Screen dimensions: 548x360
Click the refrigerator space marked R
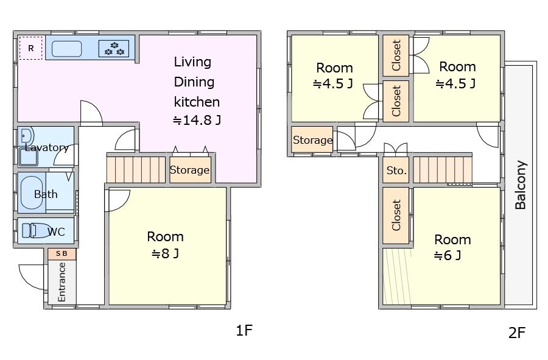point(31,48)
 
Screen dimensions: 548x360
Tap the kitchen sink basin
point(67,49)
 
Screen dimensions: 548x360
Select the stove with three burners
point(114,49)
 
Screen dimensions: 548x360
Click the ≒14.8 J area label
point(197,120)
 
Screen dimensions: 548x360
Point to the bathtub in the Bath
point(32,192)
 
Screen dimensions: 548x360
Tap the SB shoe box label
point(61,254)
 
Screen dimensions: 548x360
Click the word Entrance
point(61,282)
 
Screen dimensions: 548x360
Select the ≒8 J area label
point(165,253)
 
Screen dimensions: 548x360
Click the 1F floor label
point(244,330)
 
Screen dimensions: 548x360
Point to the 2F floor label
point(517,333)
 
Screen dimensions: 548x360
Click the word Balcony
point(521,185)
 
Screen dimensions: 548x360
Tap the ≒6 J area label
point(448,255)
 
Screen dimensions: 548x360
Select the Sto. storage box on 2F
point(396,170)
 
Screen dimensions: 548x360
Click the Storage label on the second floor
point(312,140)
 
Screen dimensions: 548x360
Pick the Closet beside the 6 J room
point(396,215)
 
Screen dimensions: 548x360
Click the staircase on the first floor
point(136,169)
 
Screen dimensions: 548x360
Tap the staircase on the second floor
point(443,169)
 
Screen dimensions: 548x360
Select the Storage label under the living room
point(189,170)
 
